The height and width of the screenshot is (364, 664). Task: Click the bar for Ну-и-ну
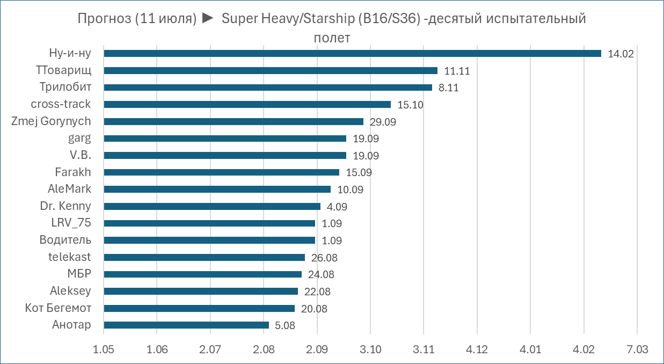(x=352, y=54)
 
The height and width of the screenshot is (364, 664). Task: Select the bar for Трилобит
(x=268, y=88)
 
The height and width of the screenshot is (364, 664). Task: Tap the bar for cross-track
(x=247, y=104)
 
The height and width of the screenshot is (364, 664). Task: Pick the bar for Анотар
(x=186, y=325)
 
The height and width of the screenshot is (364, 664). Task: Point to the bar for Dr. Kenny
(x=212, y=206)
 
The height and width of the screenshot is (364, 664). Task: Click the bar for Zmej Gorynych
(x=234, y=121)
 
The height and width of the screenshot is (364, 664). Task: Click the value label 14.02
(x=621, y=54)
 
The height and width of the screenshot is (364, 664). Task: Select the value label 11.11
(x=457, y=71)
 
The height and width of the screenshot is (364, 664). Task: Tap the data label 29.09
(x=383, y=122)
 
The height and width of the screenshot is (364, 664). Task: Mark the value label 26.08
(x=324, y=258)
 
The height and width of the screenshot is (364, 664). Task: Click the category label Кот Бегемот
(x=58, y=308)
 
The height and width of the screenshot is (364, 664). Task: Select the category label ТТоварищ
(x=63, y=70)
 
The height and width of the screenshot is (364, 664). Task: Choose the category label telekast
(x=69, y=257)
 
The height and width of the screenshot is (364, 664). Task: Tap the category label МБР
(x=79, y=274)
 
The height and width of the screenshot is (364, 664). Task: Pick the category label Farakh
(x=73, y=172)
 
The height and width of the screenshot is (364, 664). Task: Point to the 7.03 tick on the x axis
(x=637, y=350)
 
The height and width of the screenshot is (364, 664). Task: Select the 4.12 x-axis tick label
(x=477, y=350)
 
